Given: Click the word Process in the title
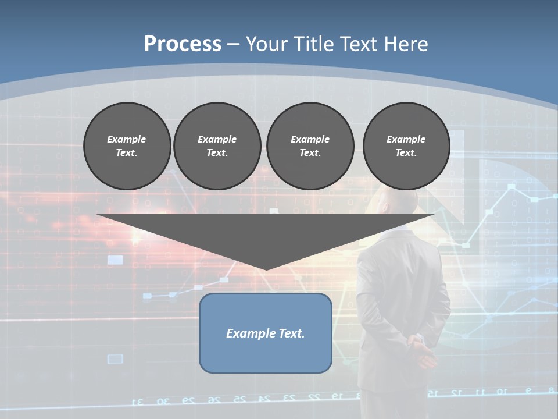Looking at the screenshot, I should [183, 44].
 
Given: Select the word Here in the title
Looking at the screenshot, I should [404, 44].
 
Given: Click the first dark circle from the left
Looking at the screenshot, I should [127, 145].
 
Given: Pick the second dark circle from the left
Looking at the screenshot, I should [217, 145].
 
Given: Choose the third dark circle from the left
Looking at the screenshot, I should [310, 145].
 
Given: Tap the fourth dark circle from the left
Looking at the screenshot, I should [406, 145].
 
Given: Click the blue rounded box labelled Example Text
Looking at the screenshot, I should [265, 333].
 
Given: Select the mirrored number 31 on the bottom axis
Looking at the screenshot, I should [138, 402].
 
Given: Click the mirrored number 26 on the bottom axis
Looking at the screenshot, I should [214, 400].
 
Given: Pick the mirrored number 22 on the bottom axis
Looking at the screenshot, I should [314, 397].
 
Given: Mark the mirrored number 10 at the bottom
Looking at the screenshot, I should [501, 392].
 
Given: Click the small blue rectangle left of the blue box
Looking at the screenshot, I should [115, 358].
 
